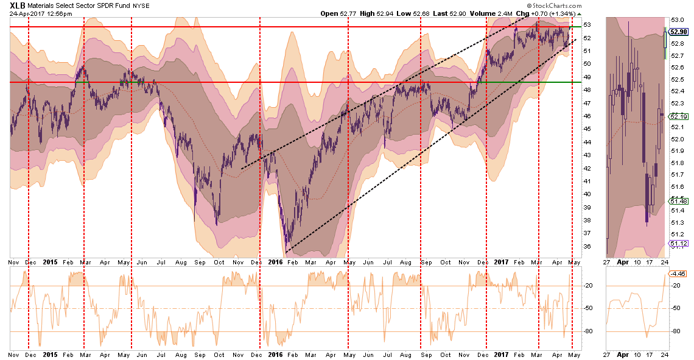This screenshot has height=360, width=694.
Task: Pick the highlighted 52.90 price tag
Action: coord(680,32)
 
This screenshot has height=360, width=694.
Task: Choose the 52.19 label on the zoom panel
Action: coord(680,116)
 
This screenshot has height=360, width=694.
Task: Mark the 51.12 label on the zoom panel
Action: coord(680,244)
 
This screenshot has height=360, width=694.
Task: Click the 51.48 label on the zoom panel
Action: coord(680,201)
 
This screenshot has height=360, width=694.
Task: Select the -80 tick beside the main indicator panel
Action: coord(589,331)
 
